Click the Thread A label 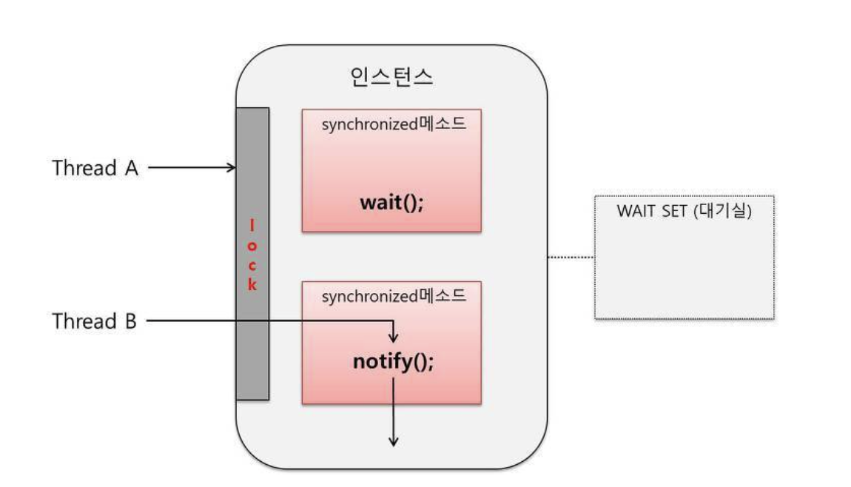click(x=95, y=168)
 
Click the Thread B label click(x=95, y=321)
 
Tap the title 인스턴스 click(x=391, y=78)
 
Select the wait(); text click(x=391, y=202)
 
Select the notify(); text click(x=391, y=362)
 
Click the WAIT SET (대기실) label click(x=684, y=210)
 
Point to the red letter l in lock click(x=252, y=223)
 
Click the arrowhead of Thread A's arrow click(x=231, y=168)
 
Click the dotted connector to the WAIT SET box click(x=571, y=257)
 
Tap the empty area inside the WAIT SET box click(x=684, y=270)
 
